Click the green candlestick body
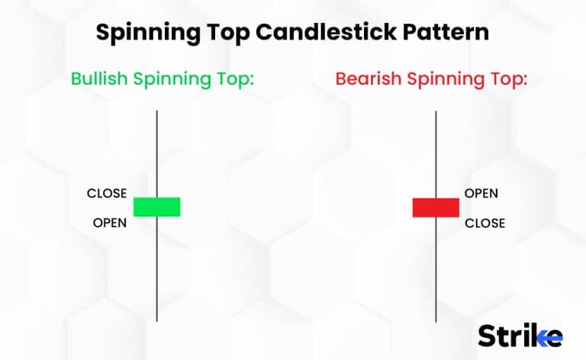pos(157,207)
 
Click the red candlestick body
pos(436,207)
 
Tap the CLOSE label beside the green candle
pos(107,193)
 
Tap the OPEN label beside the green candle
pos(110,223)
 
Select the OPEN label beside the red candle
pos(481,193)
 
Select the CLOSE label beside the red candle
pos(485,223)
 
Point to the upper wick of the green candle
pos(157,153)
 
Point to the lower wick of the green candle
pos(157,267)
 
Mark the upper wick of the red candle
pos(436,153)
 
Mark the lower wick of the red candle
pos(436,267)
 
